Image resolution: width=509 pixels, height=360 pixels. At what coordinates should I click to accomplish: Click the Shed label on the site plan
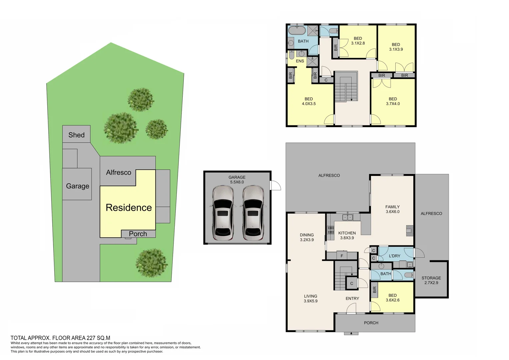(76, 135)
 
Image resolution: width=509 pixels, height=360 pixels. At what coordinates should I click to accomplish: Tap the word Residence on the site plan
(129, 208)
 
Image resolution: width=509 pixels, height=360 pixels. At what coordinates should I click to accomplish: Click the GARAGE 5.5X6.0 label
(237, 180)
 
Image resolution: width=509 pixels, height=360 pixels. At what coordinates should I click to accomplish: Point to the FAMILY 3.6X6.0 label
(392, 209)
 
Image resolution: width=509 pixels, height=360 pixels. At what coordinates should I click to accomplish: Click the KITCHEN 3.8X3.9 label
(347, 235)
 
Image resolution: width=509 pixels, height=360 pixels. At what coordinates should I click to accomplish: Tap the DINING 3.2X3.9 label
(307, 237)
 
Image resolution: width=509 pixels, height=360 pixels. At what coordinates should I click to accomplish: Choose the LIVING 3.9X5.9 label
(310, 298)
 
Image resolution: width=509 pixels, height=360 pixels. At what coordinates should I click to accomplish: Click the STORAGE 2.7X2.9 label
(431, 280)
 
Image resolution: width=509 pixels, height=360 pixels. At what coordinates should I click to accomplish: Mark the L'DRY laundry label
(394, 256)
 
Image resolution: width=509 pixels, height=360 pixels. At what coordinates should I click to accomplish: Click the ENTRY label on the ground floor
(352, 298)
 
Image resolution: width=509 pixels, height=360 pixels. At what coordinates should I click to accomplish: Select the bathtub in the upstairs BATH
(297, 31)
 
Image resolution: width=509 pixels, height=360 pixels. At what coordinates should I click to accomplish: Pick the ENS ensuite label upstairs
(300, 61)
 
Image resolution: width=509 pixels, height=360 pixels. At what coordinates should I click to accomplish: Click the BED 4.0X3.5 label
(309, 101)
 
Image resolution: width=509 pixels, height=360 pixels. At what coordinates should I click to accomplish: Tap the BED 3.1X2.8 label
(358, 41)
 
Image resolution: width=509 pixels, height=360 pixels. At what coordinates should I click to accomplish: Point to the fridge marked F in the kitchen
(342, 256)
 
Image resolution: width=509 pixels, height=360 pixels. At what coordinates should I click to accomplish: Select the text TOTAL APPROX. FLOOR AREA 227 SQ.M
(60, 338)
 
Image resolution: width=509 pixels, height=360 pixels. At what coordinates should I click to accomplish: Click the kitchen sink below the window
(348, 217)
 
